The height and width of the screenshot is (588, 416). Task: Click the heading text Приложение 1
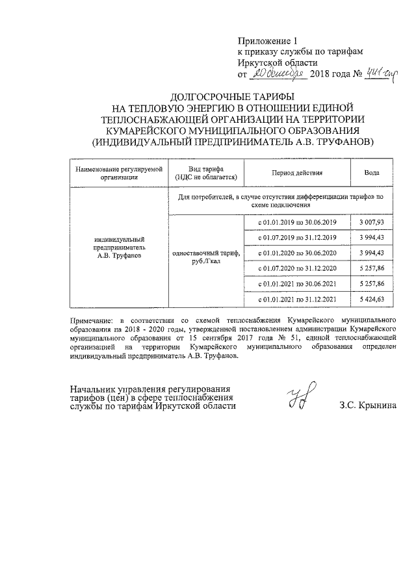(266, 40)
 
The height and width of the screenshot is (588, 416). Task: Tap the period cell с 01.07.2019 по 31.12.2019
(297, 238)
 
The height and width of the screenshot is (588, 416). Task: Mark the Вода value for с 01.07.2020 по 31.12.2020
(376, 268)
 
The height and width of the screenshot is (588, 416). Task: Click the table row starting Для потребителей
(281, 199)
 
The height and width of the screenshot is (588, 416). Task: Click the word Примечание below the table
(90, 320)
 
